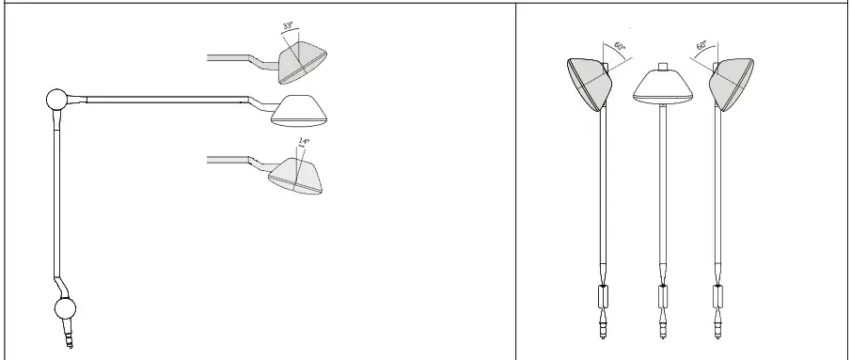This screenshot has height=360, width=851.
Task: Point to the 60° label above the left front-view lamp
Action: (x=619, y=46)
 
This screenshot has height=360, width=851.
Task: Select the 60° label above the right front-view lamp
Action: (x=701, y=46)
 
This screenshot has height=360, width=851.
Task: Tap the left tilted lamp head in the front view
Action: (x=590, y=83)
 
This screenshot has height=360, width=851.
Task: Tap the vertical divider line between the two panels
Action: (x=516, y=179)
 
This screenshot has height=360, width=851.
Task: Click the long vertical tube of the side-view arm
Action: (x=55, y=197)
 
